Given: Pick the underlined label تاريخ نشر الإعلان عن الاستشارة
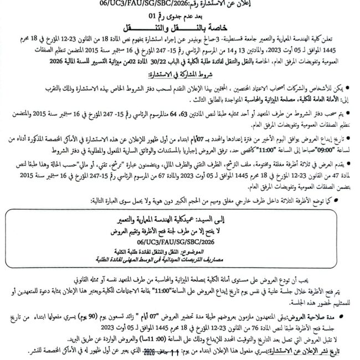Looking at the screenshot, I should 311,351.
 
